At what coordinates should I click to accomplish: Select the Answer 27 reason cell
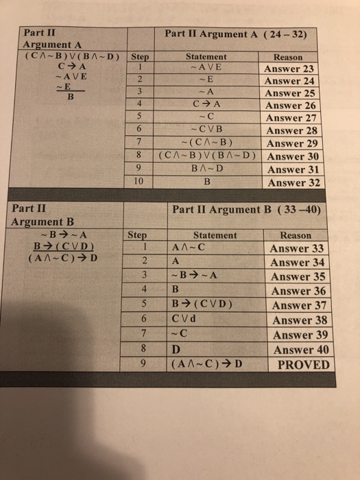[293, 118]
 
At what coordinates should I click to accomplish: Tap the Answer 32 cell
[294, 183]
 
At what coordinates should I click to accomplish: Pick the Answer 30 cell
[293, 156]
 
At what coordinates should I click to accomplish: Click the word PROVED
[302, 364]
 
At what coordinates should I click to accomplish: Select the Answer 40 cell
[301, 350]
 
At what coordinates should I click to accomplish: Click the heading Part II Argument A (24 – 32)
[239, 34]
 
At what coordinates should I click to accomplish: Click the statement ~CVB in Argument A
[206, 130]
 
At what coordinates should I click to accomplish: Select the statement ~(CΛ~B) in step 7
[206, 143]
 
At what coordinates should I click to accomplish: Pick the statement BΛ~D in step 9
[206, 169]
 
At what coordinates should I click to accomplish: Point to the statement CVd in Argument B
[185, 320]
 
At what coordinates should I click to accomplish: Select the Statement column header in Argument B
[215, 235]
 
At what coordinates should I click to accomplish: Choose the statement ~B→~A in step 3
[194, 277]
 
